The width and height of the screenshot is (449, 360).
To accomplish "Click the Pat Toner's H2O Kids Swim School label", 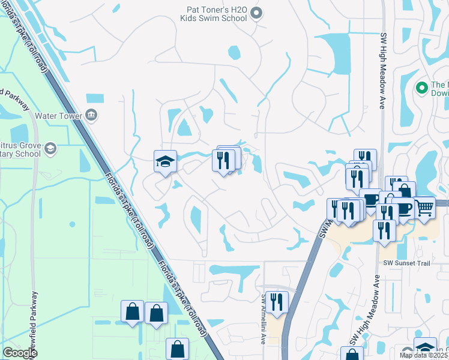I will pyautogui.click(x=213, y=14).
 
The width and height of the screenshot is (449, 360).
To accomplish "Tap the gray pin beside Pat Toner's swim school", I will pyautogui.click(x=256, y=13).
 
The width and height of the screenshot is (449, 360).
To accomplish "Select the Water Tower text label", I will pyautogui.click(x=58, y=114).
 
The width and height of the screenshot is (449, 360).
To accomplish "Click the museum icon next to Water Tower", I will pyautogui.click(x=91, y=114).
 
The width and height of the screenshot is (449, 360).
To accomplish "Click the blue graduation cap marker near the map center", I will pyautogui.click(x=165, y=161).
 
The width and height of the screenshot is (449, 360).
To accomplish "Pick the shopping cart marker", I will pyautogui.click(x=424, y=208).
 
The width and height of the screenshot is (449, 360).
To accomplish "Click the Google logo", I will pyautogui.click(x=20, y=353).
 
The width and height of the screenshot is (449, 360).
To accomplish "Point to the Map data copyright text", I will pyautogui.click(x=424, y=355).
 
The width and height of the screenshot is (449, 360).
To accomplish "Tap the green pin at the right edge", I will pyautogui.click(x=421, y=88).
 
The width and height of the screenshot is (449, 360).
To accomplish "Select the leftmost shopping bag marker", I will pyautogui.click(x=132, y=311).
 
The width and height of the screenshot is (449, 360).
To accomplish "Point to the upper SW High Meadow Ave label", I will pyautogui.click(x=382, y=71).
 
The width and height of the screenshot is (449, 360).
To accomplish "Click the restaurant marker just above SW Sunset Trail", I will pyautogui.click(x=384, y=230).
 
